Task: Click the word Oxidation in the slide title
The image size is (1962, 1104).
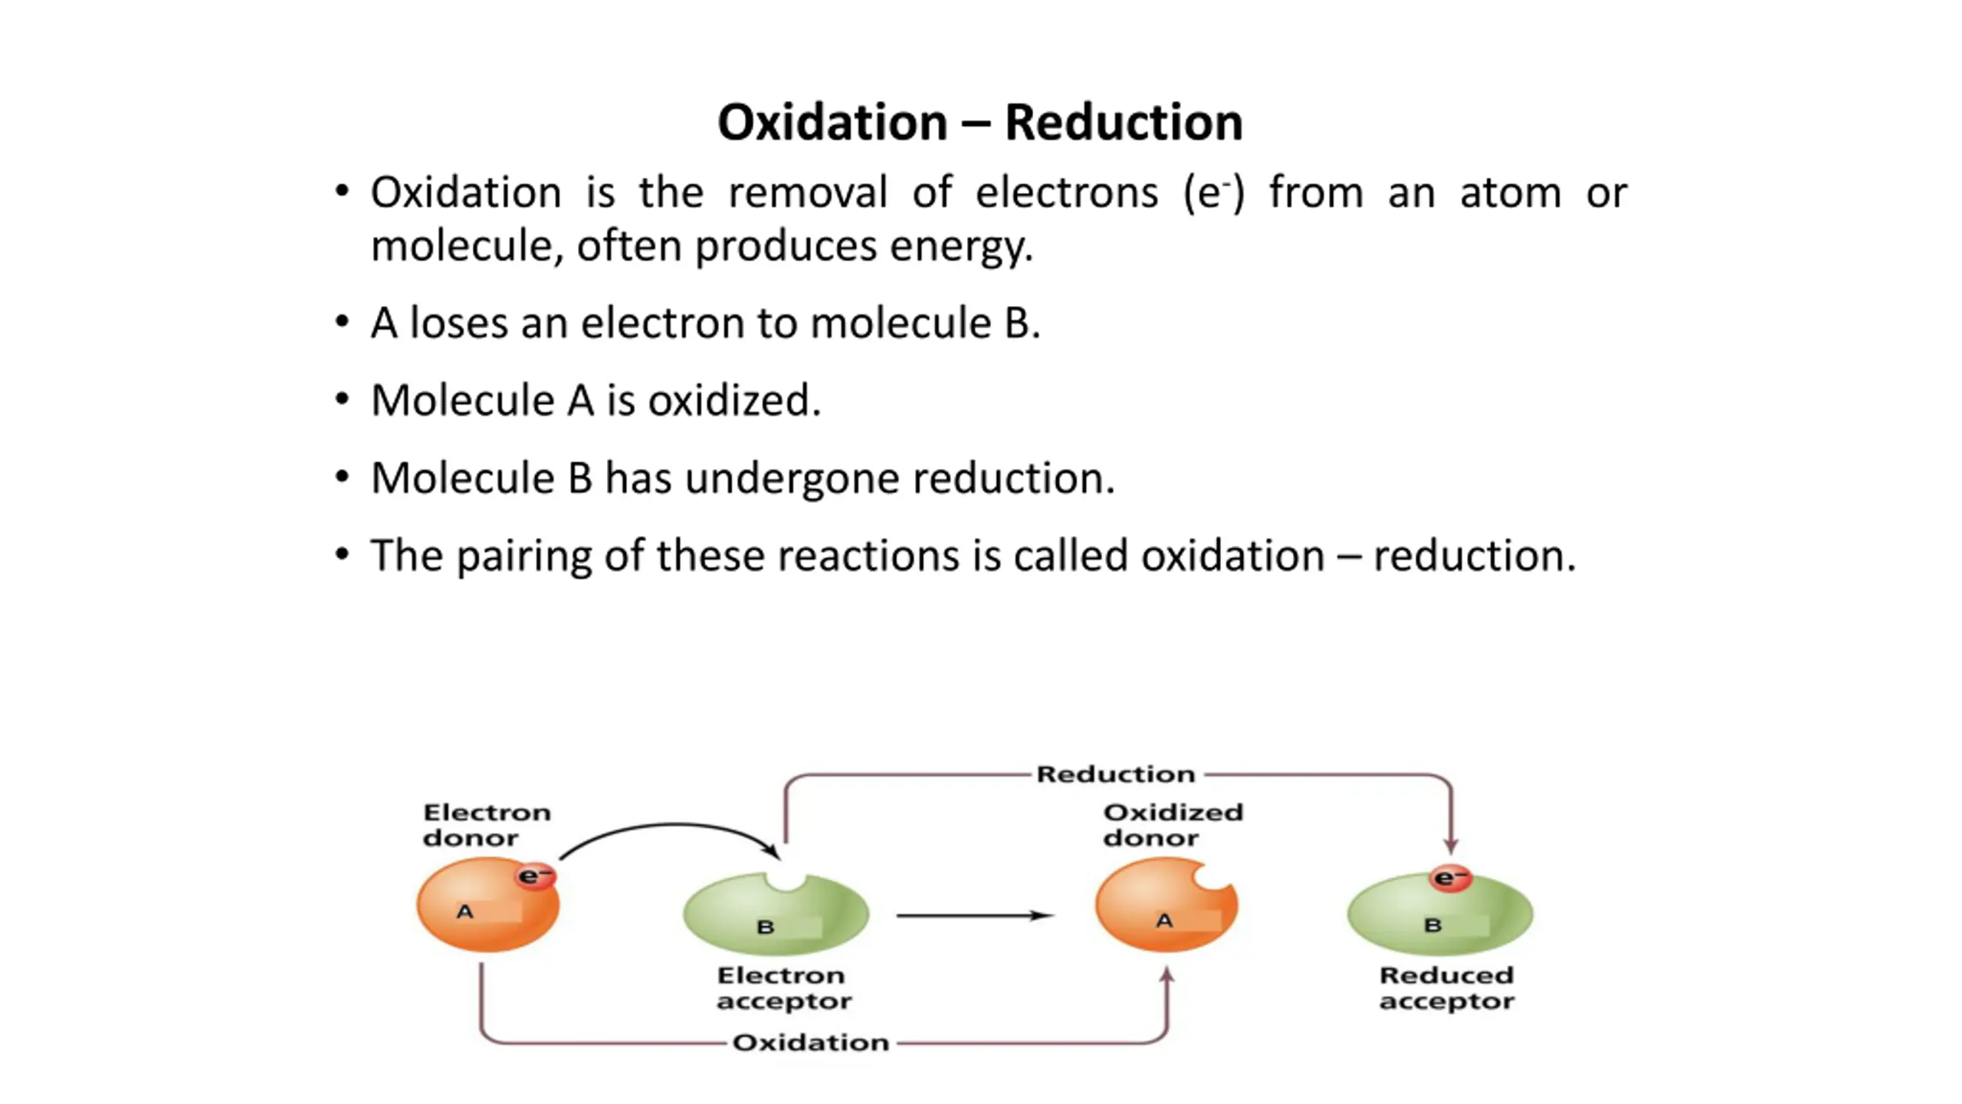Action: [x=833, y=123]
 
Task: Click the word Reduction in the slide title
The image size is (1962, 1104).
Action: [x=1124, y=123]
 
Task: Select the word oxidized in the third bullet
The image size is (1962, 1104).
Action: [x=734, y=400]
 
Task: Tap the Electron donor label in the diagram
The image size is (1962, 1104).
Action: [x=487, y=825]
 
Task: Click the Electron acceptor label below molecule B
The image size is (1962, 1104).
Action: [x=784, y=988]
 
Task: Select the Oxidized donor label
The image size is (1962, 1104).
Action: [x=1173, y=825]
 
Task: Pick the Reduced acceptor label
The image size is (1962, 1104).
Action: [x=1446, y=988]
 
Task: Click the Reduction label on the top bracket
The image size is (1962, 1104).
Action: [x=1116, y=774]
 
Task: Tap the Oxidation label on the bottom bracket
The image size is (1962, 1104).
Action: [x=811, y=1043]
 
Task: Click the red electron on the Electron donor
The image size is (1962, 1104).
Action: [x=535, y=876]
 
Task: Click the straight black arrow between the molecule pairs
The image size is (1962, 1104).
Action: [x=975, y=915]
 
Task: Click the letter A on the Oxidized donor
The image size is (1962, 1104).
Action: [x=1164, y=921]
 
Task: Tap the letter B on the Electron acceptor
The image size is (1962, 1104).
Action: [x=765, y=928]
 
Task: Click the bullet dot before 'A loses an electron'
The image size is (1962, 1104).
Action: [x=342, y=320]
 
